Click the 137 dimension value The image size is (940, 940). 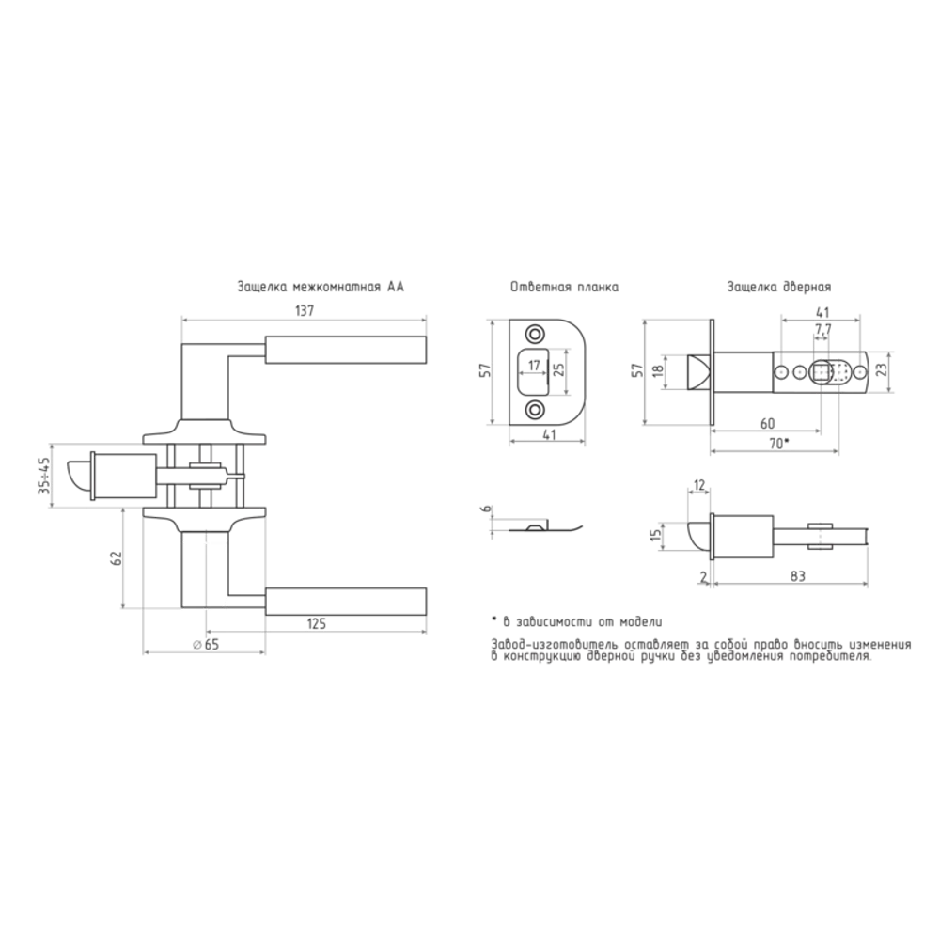point(305,311)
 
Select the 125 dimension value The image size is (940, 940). point(316,623)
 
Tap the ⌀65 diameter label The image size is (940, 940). point(206,645)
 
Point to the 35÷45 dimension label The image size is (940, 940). point(44,476)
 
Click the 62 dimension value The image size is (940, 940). point(117,557)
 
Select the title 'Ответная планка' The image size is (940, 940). point(564,287)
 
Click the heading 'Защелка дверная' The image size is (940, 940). point(779,287)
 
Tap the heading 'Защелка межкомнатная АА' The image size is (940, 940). point(321,287)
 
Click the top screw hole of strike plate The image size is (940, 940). point(533,334)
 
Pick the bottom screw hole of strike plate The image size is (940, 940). point(533,410)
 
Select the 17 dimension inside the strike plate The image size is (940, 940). point(534,365)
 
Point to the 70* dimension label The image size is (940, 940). point(777,444)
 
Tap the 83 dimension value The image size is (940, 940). point(797,576)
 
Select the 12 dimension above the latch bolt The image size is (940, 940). point(699,485)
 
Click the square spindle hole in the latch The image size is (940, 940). point(821,373)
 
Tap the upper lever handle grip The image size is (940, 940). point(345,350)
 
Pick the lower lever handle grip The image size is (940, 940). point(345,602)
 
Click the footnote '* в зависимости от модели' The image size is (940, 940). point(577,622)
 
